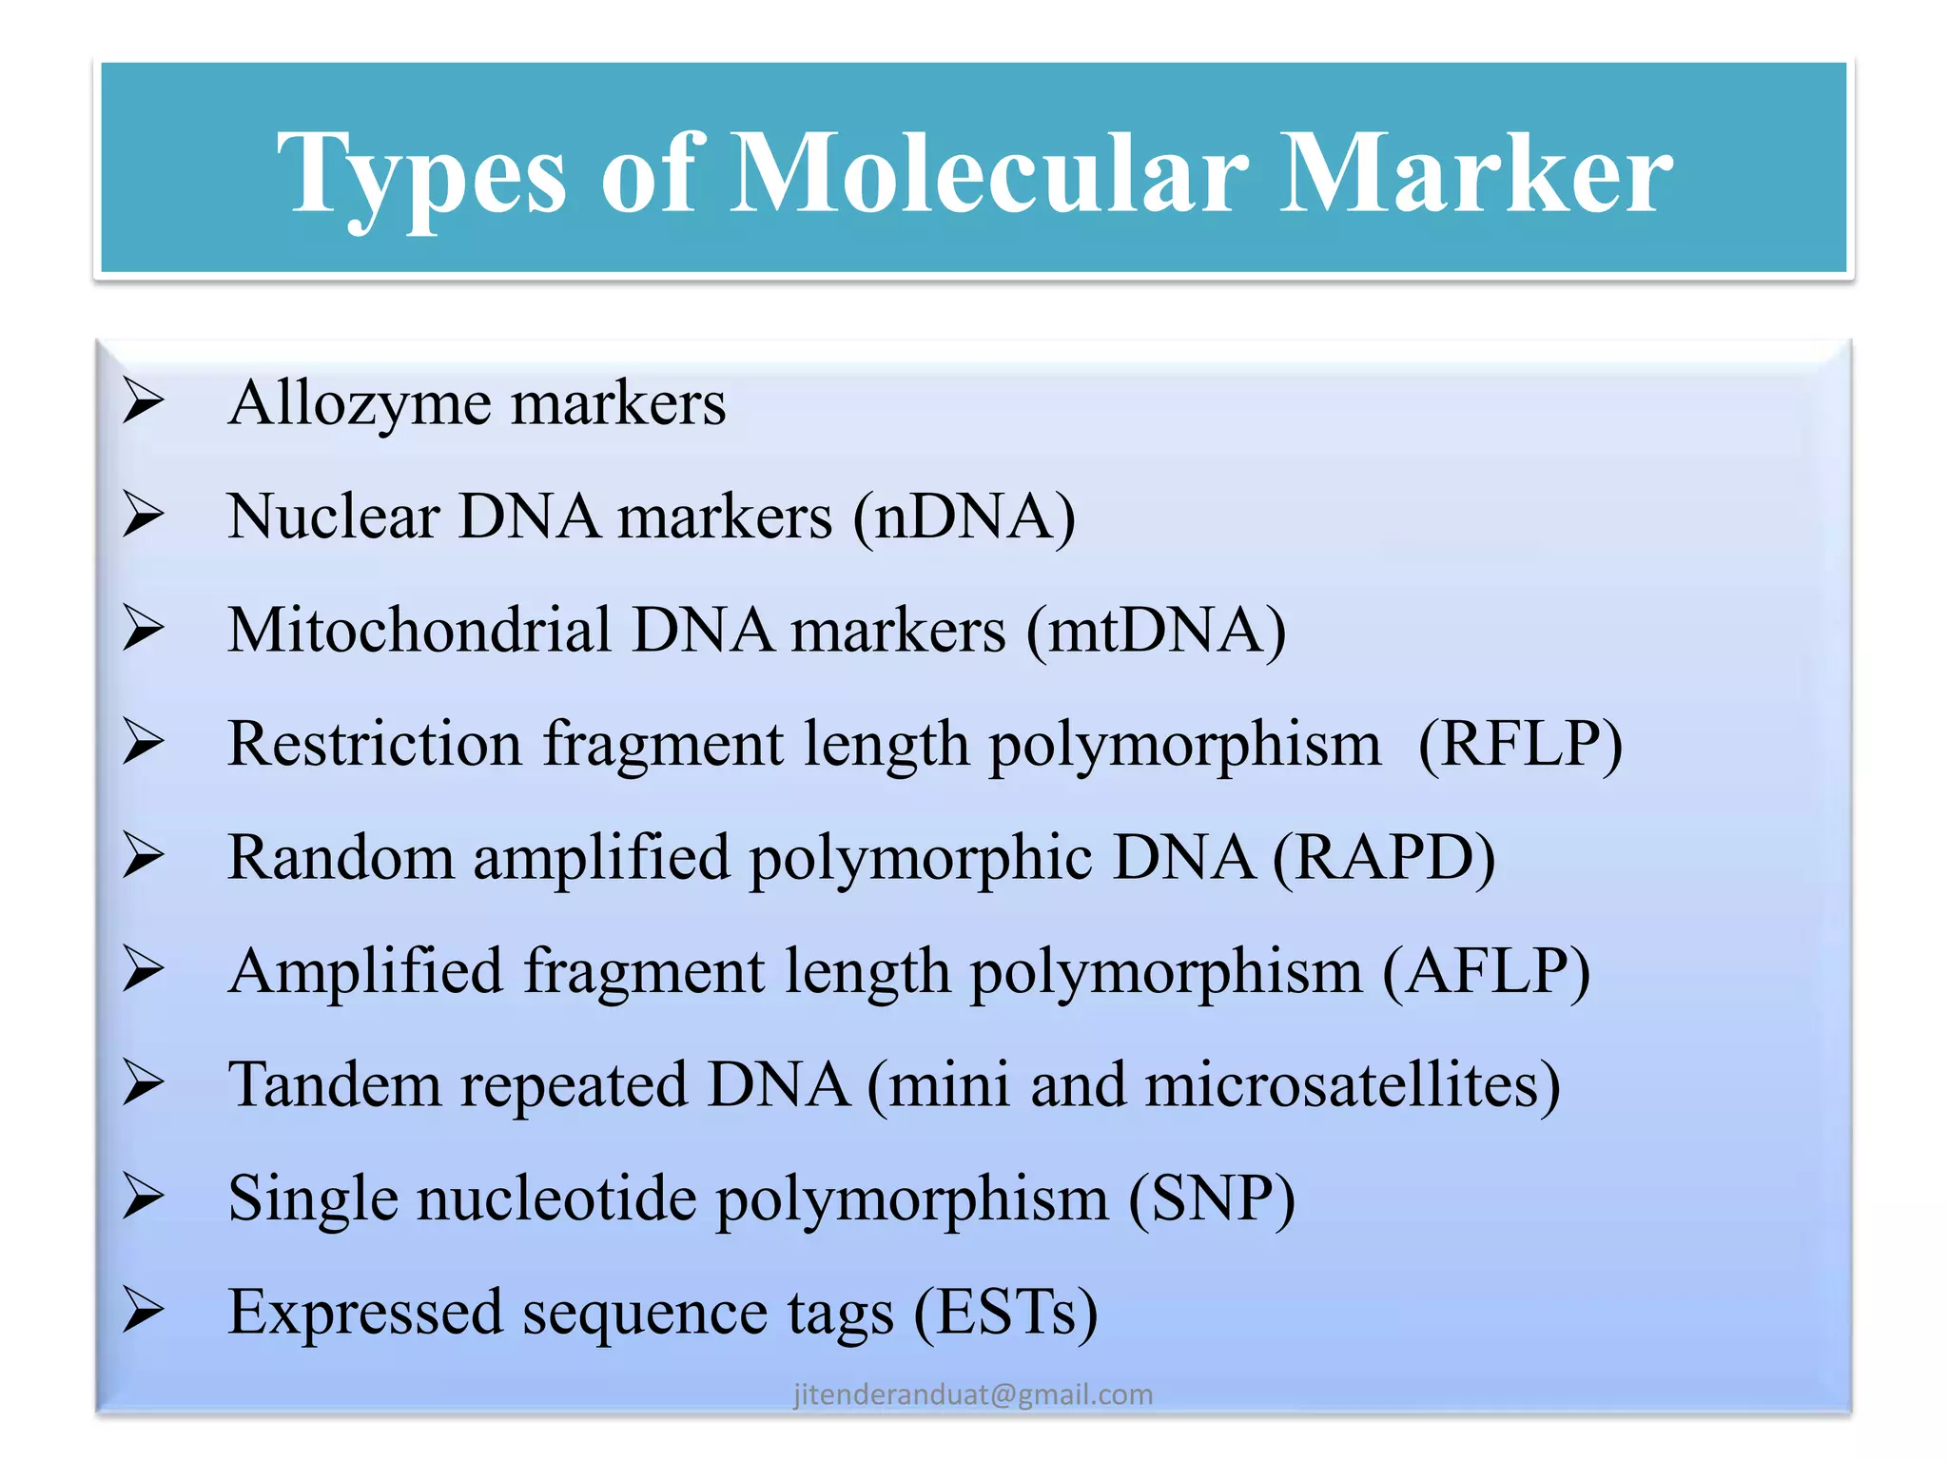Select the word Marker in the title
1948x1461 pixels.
pos(1476,173)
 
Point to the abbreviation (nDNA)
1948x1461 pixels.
pos(964,517)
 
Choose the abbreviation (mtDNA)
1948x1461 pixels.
pos(1156,631)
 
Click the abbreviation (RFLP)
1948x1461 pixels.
pos(1520,744)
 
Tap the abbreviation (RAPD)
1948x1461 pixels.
pos(1384,858)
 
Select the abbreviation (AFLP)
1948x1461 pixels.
pos(1486,972)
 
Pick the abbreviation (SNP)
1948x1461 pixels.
pos(1212,1198)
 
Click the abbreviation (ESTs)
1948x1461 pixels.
pos(1005,1313)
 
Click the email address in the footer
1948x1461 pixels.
pos(973,1394)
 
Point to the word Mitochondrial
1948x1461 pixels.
pos(419,631)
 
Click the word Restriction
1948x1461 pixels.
pos(375,744)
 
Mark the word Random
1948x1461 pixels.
pos(341,858)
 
